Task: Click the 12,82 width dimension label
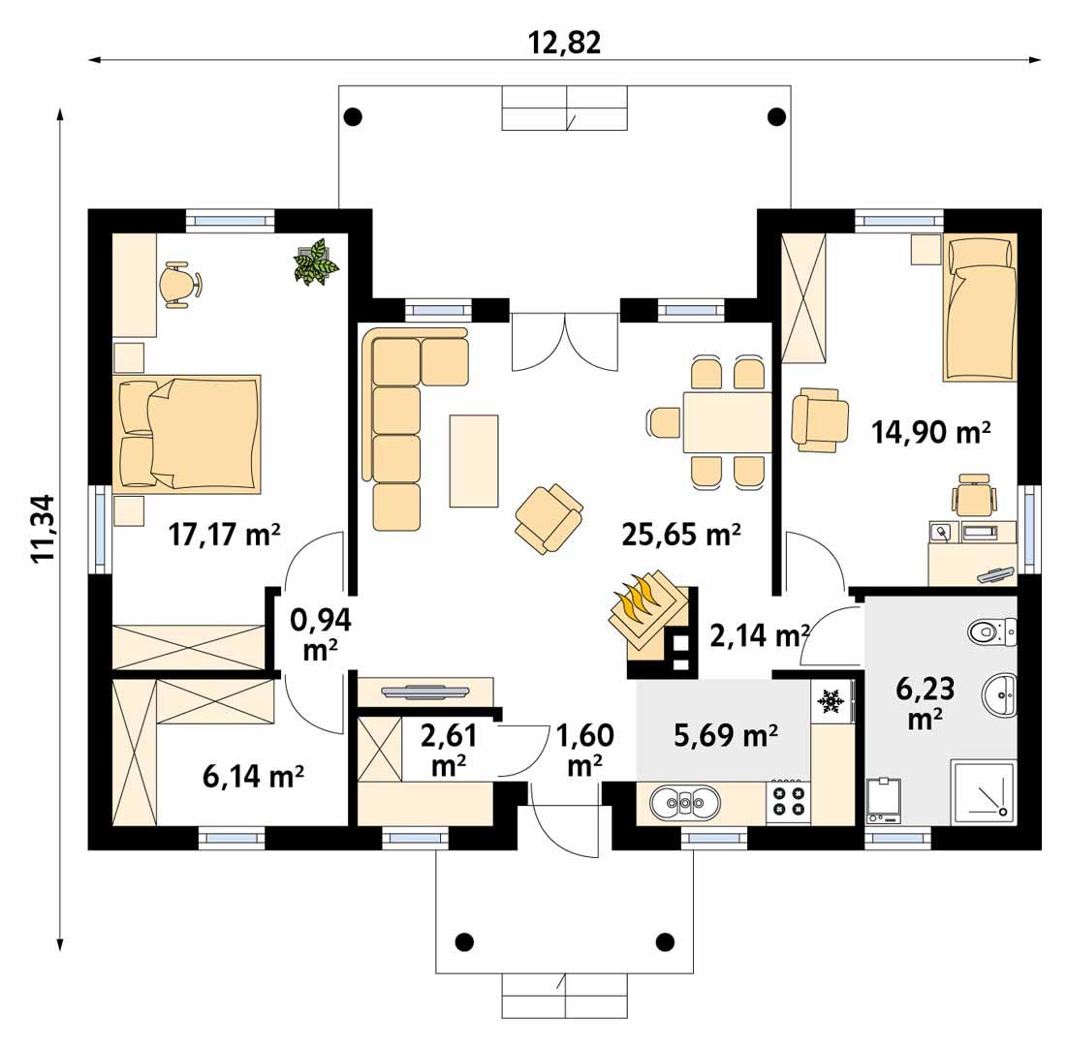565,42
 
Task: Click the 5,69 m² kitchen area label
726,736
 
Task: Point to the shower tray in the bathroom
984,790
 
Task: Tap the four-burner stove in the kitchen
787,800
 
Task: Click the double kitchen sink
685,801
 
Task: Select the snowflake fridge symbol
830,699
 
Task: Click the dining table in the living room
727,422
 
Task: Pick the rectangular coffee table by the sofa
474,461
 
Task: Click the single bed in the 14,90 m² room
981,308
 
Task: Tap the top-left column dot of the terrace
354,117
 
